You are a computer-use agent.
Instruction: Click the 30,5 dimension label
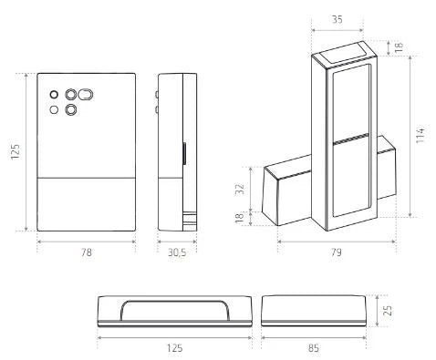coord(177,252)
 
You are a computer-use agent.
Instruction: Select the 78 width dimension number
coord(87,252)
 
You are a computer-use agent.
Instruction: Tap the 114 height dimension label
coord(420,136)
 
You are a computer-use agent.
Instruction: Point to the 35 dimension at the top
coord(337,20)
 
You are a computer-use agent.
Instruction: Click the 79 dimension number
coord(337,252)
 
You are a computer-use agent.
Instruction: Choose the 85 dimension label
coord(314,348)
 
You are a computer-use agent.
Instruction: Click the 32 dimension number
coord(240,189)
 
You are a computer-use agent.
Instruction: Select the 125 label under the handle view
coord(174,348)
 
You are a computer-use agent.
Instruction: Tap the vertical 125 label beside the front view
coord(16,151)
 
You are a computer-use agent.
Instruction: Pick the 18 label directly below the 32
coord(240,218)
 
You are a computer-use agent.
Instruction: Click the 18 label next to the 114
coord(399,47)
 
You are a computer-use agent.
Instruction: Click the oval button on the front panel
coord(86,95)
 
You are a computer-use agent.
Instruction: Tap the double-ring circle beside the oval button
coord(70,95)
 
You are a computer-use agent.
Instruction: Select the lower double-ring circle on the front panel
coord(70,109)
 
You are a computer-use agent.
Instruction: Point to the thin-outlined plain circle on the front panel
coord(54,109)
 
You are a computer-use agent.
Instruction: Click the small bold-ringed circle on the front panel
coord(54,95)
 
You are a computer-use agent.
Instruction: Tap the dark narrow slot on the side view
coord(184,153)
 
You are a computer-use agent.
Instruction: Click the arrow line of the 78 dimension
coord(87,242)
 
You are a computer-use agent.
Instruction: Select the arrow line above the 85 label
coord(314,337)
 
